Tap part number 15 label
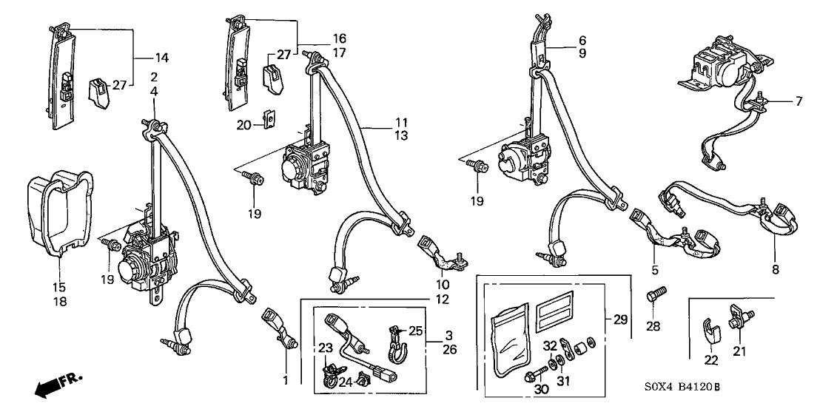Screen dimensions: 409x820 pos(61,286)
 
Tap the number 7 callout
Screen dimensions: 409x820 pos(799,101)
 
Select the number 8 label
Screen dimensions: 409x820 pos(776,271)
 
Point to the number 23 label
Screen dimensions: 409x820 pos(326,348)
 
